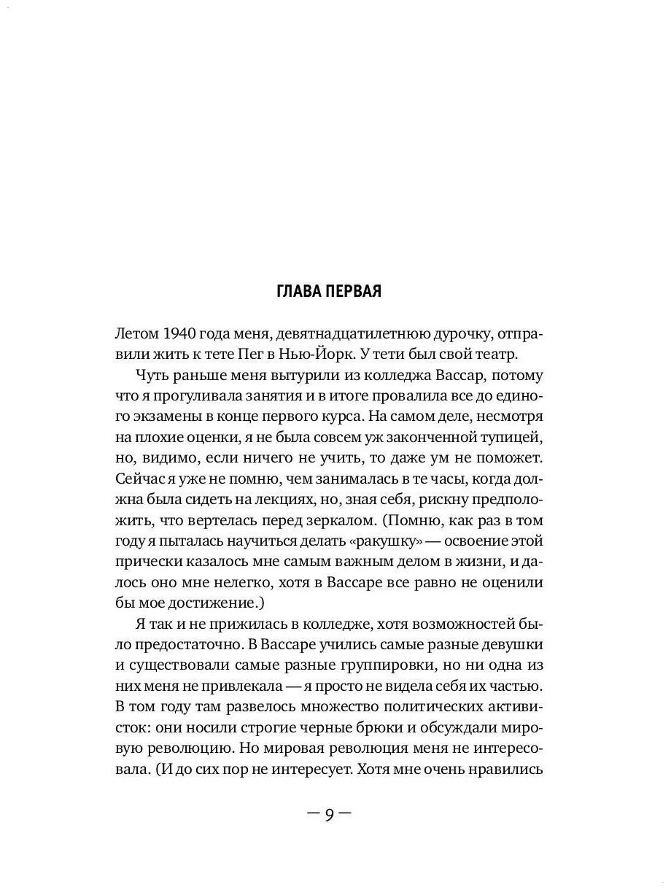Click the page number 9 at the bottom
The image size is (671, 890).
(329, 813)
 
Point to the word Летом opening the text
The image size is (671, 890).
(136, 333)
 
